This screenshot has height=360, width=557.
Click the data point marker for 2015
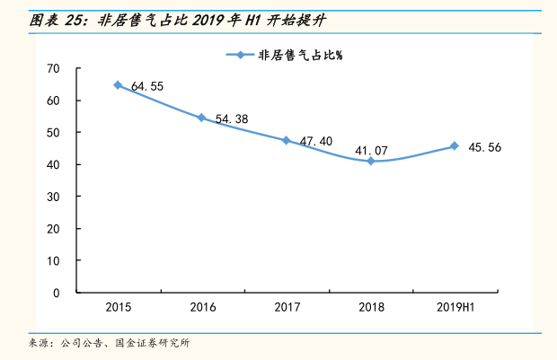(118, 85)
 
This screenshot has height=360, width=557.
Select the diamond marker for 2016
(201, 118)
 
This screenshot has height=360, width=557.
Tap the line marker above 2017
(286, 140)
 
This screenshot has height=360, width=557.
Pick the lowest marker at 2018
(370, 161)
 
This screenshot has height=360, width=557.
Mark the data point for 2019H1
(455, 146)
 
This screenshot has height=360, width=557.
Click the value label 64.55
(146, 87)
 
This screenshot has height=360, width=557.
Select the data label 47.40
(315, 142)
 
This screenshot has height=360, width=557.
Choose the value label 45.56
(485, 147)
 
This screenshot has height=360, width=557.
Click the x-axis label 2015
(118, 308)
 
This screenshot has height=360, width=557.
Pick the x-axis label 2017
(287, 308)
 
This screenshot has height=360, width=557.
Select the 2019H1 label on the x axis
(455, 308)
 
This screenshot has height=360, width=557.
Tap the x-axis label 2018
(371, 308)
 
